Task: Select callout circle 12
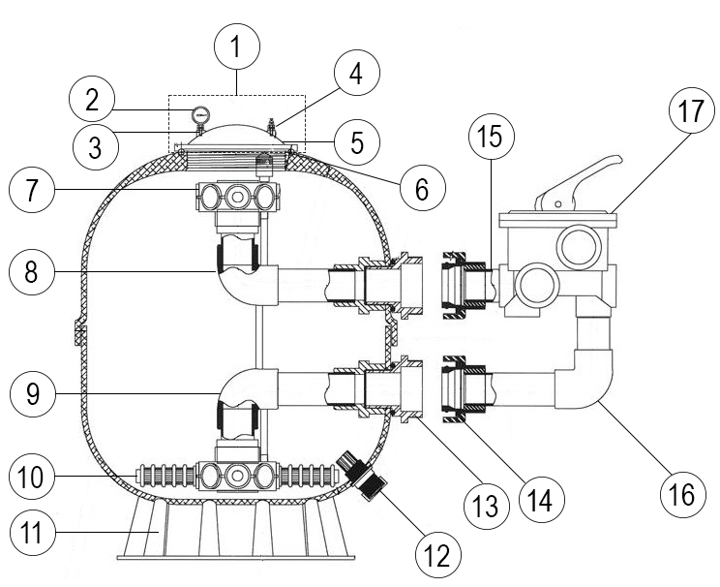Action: coord(431,555)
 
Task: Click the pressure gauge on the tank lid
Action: coord(200,114)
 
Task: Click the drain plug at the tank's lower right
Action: coord(365,476)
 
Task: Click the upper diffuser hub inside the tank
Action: coord(235,199)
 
